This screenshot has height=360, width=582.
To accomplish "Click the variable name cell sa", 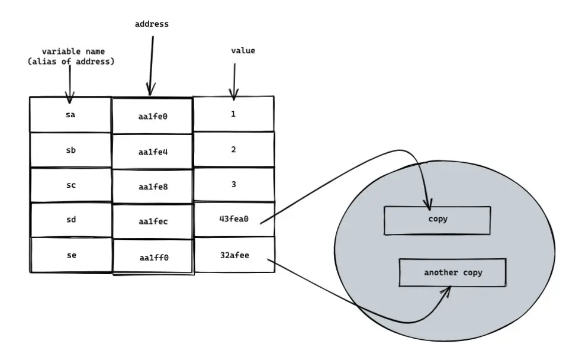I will (70, 115).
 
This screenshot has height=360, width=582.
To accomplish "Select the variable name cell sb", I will (70, 150).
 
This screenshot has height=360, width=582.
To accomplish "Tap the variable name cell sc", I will (70, 185).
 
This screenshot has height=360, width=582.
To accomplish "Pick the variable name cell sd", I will (70, 220).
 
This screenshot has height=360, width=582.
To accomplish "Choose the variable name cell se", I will (70, 255).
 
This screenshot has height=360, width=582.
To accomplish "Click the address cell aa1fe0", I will (153, 117).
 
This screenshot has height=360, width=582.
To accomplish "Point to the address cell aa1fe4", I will (153, 152).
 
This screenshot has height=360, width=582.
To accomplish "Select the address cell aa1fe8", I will (153, 187).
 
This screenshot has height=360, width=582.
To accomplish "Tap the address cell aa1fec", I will (153, 221).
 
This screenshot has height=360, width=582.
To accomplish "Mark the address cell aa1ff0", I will (153, 257).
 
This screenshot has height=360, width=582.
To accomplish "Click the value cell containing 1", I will (234, 114).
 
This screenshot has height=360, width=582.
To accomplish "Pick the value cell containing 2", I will (234, 149).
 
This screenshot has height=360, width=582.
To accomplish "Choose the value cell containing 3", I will (234, 184).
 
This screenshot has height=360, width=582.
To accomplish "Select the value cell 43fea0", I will (234, 219).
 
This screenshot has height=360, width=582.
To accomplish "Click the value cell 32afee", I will (234, 255).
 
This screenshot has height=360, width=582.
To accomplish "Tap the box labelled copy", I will (438, 220).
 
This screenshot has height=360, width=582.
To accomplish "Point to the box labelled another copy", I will (453, 273).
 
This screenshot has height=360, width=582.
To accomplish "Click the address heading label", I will (152, 24).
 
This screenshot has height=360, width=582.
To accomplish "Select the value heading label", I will (243, 51).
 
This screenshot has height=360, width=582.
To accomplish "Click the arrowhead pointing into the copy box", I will (427, 204).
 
